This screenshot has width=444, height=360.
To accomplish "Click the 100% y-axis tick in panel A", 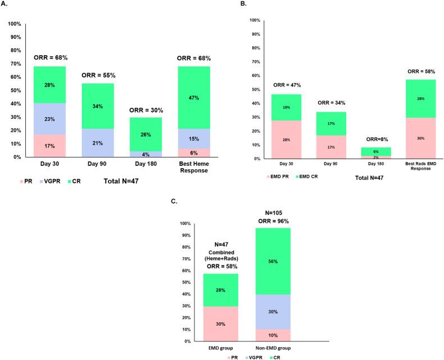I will click(x=13, y=24).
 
